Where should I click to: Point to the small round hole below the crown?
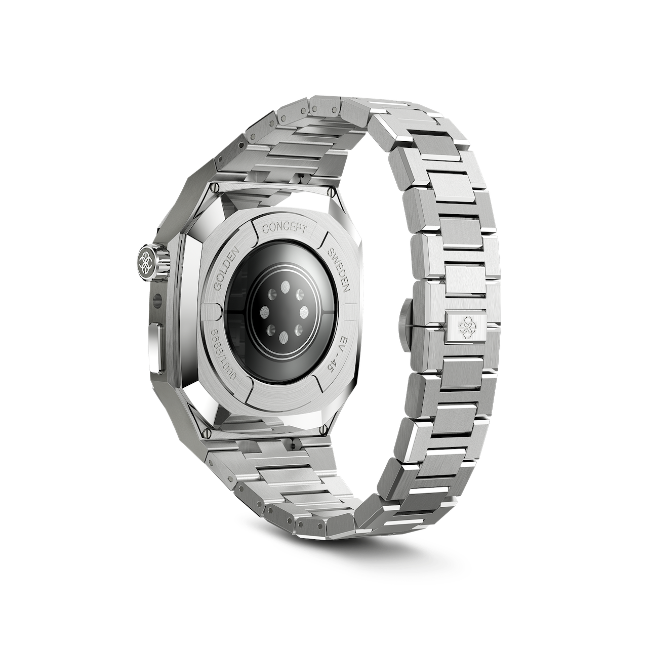coord(156,297)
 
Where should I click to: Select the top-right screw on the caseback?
coord(333,192)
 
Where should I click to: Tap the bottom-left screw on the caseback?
coord(206,433)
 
